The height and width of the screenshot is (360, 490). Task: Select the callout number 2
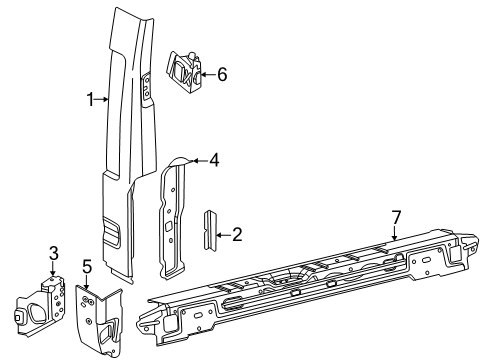click(237, 234)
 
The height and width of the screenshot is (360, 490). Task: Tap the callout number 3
click(54, 252)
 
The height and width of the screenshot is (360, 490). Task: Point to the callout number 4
click(212, 157)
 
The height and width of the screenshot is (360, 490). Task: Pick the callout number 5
click(86, 266)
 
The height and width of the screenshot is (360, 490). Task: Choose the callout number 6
click(222, 73)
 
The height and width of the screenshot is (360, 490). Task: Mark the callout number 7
click(396, 245)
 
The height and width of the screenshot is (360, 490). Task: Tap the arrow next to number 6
click(206, 73)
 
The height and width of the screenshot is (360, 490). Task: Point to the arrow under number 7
click(395, 260)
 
